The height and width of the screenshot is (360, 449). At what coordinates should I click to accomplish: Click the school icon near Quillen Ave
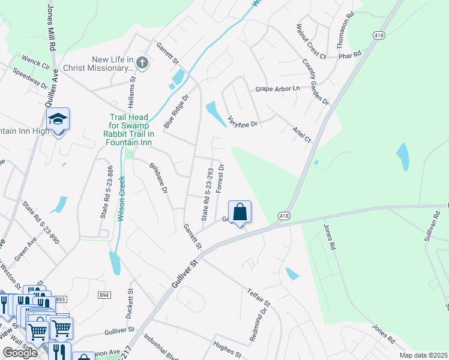[x=58, y=119]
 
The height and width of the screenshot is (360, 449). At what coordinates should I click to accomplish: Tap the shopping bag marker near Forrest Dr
[x=240, y=212]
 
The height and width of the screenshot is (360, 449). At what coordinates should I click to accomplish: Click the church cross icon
[x=142, y=62]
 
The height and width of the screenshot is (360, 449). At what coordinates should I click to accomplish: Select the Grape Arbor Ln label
[x=277, y=89]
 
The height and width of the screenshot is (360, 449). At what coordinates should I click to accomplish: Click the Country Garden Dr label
[x=316, y=82]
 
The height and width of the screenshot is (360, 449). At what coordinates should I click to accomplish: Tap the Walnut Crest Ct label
[x=310, y=41]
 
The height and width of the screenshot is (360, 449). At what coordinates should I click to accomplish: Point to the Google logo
[x=20, y=353]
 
